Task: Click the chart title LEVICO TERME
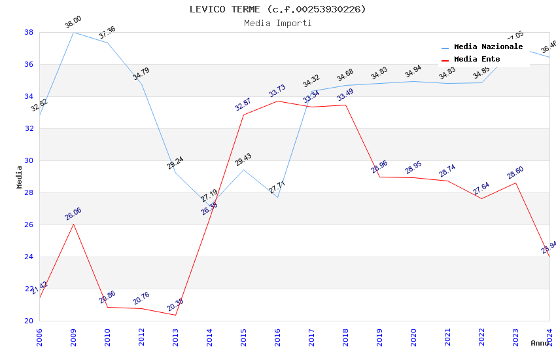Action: point(277,9)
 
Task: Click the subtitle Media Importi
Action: point(277,24)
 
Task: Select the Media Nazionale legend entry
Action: point(488,47)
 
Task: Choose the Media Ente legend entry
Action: point(477,60)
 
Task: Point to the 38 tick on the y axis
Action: point(29,32)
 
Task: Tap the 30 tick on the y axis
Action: point(29,160)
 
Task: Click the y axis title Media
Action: point(20,177)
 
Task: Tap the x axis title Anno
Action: point(540,343)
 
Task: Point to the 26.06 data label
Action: point(73,214)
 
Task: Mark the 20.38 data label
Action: point(175,305)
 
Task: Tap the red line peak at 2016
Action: point(277,101)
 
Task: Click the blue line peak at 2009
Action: point(73,32)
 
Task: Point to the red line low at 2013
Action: point(175,315)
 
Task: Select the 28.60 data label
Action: point(515,173)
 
